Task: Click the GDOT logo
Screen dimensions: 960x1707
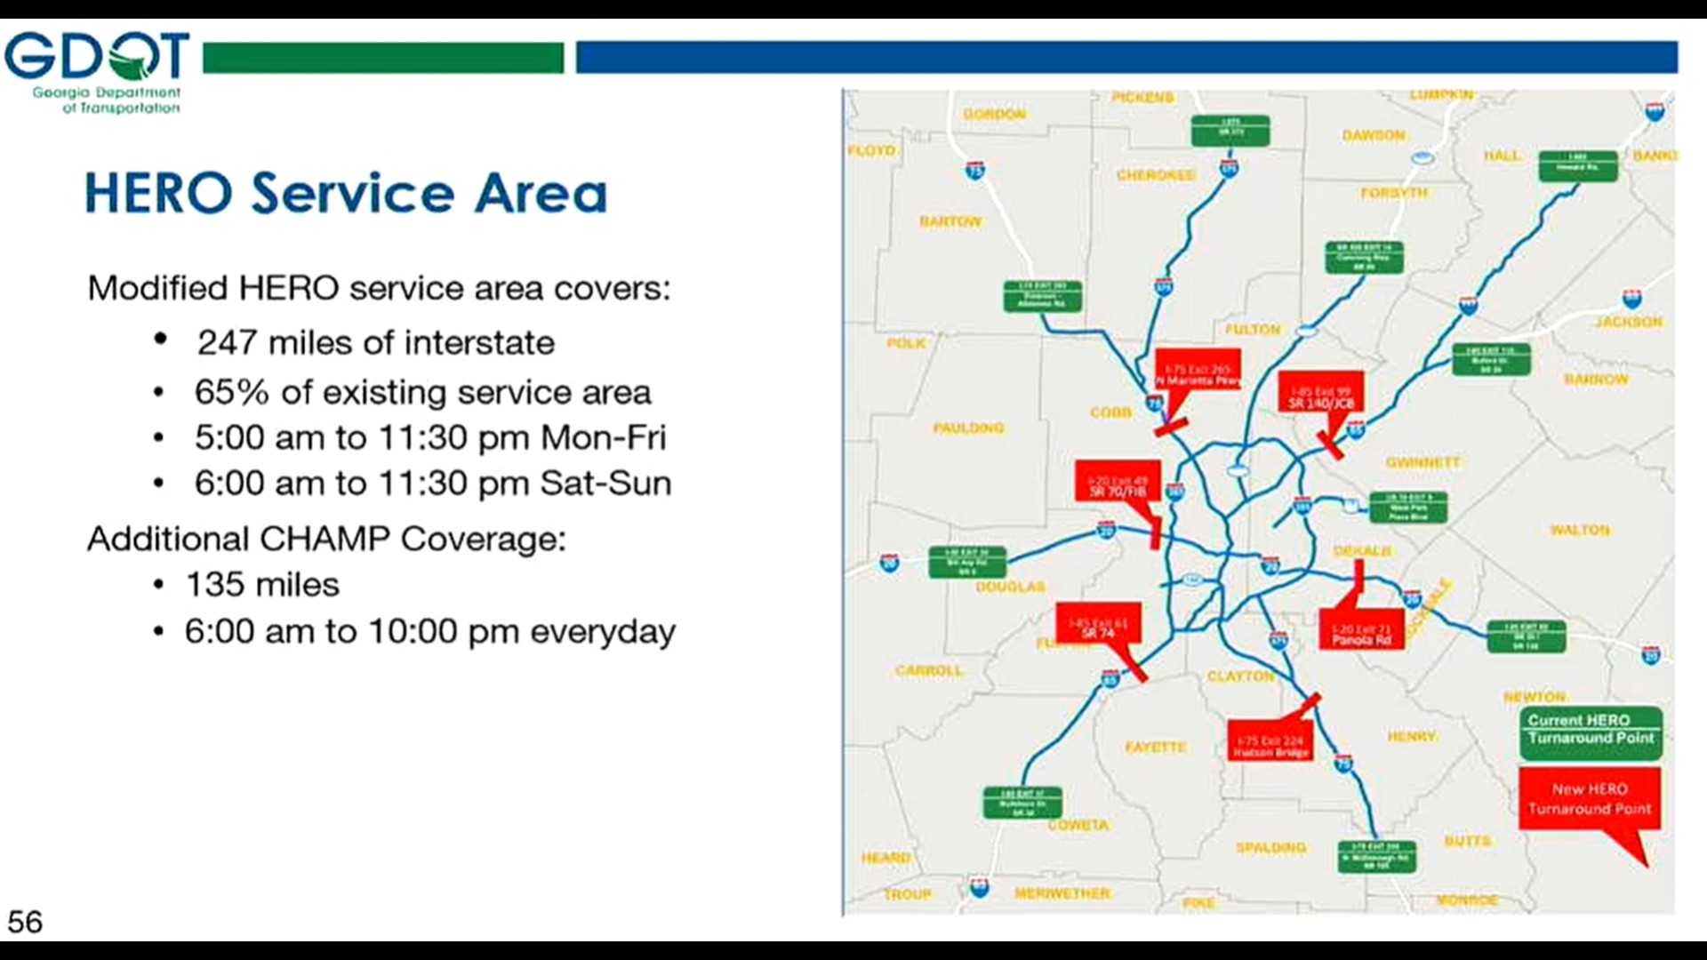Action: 96,72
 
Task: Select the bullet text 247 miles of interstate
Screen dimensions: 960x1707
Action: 375,342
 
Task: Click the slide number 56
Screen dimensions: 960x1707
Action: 25,922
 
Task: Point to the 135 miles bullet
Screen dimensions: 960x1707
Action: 261,585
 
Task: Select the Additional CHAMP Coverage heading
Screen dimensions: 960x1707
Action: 325,539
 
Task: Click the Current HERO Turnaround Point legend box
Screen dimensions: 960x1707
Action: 1590,731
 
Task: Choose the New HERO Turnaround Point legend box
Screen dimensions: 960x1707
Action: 1589,799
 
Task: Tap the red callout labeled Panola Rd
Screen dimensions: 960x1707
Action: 1361,631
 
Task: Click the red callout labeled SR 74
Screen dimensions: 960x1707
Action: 1098,628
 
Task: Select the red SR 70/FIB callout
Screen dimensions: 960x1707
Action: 1118,483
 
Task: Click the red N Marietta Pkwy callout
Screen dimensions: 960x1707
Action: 1197,373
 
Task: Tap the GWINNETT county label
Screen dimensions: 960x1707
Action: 1422,462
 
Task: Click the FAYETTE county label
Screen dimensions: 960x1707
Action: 1155,747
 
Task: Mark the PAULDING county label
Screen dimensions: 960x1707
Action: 968,428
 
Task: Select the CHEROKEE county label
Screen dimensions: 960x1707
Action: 1155,175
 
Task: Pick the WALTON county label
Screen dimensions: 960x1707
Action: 1579,530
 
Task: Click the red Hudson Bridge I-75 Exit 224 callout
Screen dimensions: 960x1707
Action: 1270,744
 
